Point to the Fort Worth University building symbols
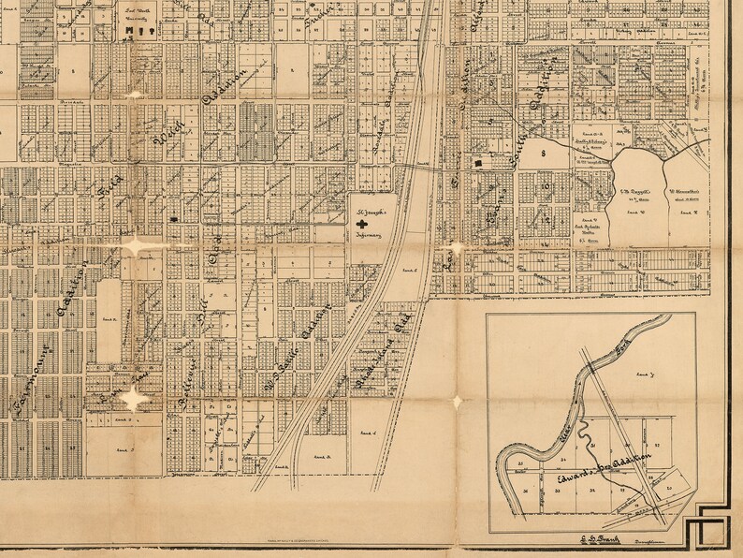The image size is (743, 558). coord(138,32)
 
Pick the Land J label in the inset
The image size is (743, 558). coord(644,374)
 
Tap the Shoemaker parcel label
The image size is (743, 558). coord(688,197)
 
